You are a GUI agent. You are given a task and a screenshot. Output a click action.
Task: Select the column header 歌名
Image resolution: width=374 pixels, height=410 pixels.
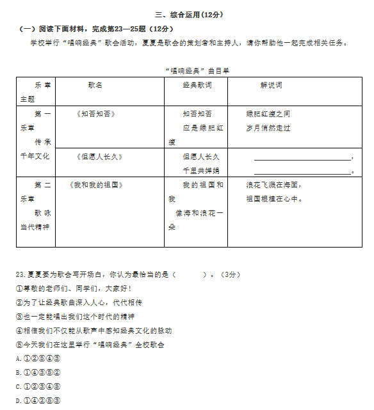click(x=95, y=84)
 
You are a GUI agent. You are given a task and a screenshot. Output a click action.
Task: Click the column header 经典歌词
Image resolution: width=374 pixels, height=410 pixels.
click(x=197, y=84)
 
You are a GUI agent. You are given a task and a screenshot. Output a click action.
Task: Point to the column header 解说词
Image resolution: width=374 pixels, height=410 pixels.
click(x=271, y=84)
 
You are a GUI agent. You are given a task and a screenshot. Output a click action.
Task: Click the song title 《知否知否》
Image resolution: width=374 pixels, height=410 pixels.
click(x=95, y=114)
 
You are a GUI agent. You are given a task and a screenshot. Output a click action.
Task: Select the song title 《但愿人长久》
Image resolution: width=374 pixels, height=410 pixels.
click(x=99, y=156)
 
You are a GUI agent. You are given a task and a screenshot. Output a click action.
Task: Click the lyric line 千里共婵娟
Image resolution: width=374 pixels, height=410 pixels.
click(x=201, y=171)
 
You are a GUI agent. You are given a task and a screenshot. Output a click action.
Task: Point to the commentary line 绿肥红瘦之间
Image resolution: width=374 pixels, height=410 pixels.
click(x=268, y=114)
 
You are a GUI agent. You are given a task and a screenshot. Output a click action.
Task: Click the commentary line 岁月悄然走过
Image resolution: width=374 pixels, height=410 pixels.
click(x=268, y=128)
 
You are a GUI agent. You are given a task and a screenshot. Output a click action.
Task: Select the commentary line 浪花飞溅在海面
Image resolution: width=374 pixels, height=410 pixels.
click(x=273, y=185)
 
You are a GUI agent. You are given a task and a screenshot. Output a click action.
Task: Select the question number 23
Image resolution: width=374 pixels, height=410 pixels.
click(x=20, y=274)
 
